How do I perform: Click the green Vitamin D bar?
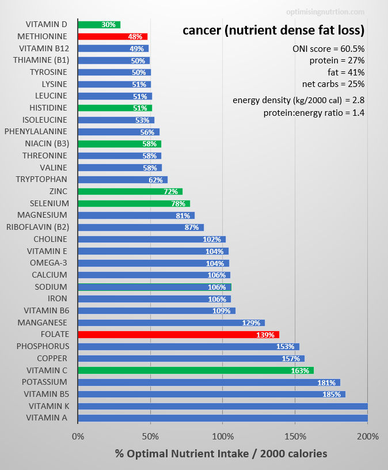98,25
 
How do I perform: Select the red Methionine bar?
112,36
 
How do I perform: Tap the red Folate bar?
178,335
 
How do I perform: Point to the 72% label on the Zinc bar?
171,191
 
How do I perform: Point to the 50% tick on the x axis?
150,436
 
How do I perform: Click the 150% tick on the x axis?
295,436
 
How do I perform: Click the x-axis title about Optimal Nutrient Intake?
221,454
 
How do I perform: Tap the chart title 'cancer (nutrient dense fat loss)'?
273,30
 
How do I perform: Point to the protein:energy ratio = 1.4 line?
314,113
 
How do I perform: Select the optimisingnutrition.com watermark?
325,12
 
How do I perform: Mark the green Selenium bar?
134,203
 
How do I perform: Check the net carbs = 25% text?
333,84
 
